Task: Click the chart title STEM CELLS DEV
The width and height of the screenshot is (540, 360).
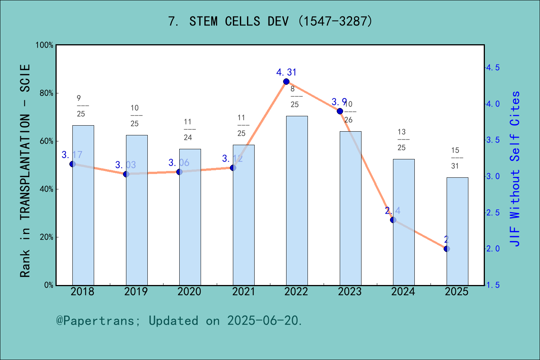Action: (270, 21)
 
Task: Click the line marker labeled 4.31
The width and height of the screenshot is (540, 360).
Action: (286, 82)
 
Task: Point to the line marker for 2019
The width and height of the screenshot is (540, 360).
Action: (126, 174)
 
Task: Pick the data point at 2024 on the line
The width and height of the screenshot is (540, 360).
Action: (393, 220)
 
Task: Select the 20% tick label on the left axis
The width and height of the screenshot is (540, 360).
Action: (46, 237)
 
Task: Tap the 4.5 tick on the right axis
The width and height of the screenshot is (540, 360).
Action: (493, 68)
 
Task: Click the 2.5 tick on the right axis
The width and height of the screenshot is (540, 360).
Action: (493, 213)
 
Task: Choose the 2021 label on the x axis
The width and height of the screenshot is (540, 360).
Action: (243, 292)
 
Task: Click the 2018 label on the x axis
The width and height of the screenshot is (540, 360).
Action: (82, 292)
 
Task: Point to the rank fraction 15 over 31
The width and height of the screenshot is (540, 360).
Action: (455, 158)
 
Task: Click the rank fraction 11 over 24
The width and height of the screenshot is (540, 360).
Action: (188, 129)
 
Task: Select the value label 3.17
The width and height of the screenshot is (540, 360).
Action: (72, 155)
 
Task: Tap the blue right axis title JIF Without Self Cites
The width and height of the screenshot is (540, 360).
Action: (515, 169)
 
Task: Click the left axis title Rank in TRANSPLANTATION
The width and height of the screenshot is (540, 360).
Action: (25, 171)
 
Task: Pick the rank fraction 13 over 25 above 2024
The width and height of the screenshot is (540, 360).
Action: (402, 139)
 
